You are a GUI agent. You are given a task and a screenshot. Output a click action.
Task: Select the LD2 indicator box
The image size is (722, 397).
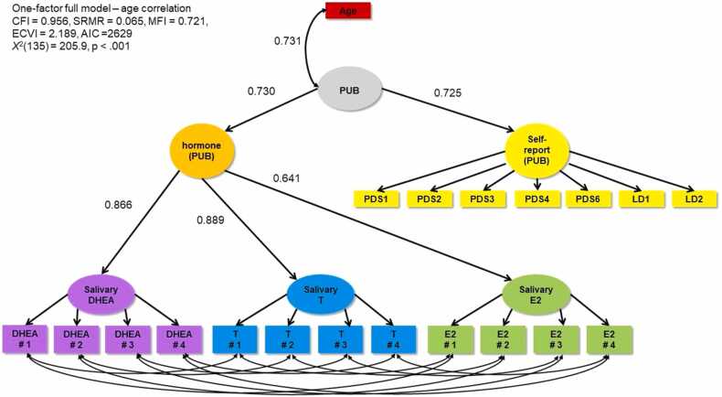tap(693, 198)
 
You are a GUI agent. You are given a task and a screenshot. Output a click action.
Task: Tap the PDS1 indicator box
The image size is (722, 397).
tap(376, 198)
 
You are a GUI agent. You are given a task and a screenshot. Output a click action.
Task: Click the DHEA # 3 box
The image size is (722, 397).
tap(127, 338)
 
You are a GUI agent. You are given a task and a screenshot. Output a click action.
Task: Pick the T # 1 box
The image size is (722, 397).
tap(234, 338)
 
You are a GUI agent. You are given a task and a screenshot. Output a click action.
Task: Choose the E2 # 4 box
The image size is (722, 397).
tap(607, 338)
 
